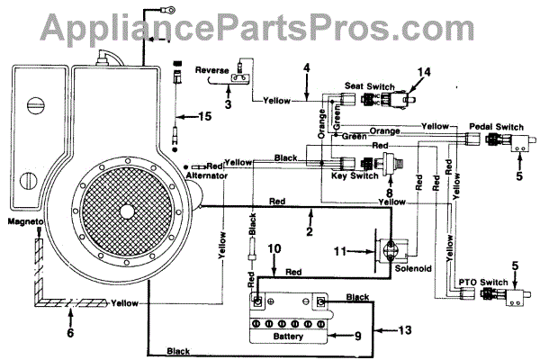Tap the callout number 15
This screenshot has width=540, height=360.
coord(206,116)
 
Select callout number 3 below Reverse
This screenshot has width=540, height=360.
coord(228,105)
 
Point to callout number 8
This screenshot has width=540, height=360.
coord(388,191)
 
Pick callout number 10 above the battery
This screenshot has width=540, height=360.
coord(251,247)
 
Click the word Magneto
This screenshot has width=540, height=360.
coord(23,221)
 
